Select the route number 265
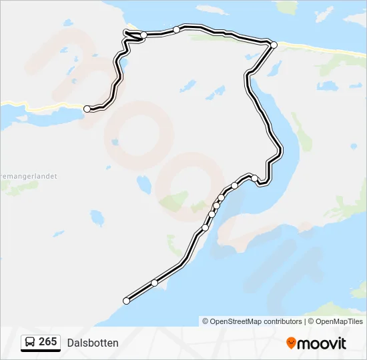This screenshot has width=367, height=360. pos(48,342)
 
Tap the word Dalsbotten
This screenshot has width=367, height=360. pos(93,343)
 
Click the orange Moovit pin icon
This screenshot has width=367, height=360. pos(291,343)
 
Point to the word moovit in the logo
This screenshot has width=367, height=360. pos(322,343)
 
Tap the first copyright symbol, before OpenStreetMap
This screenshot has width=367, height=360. pos(206,321)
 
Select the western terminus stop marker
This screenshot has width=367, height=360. pos(87,109)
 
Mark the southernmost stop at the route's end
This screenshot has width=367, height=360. pos(126,301)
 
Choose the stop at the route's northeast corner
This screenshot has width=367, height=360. pos(274,45)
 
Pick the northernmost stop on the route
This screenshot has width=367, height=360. pos(176,29)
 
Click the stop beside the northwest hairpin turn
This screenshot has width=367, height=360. pos(143,35)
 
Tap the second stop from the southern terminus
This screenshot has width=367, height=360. pos(155,283)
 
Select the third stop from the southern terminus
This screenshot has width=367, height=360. pos(206,228)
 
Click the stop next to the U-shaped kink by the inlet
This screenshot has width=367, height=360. pos(254,178)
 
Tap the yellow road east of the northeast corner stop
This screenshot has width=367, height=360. pos(320,49)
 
